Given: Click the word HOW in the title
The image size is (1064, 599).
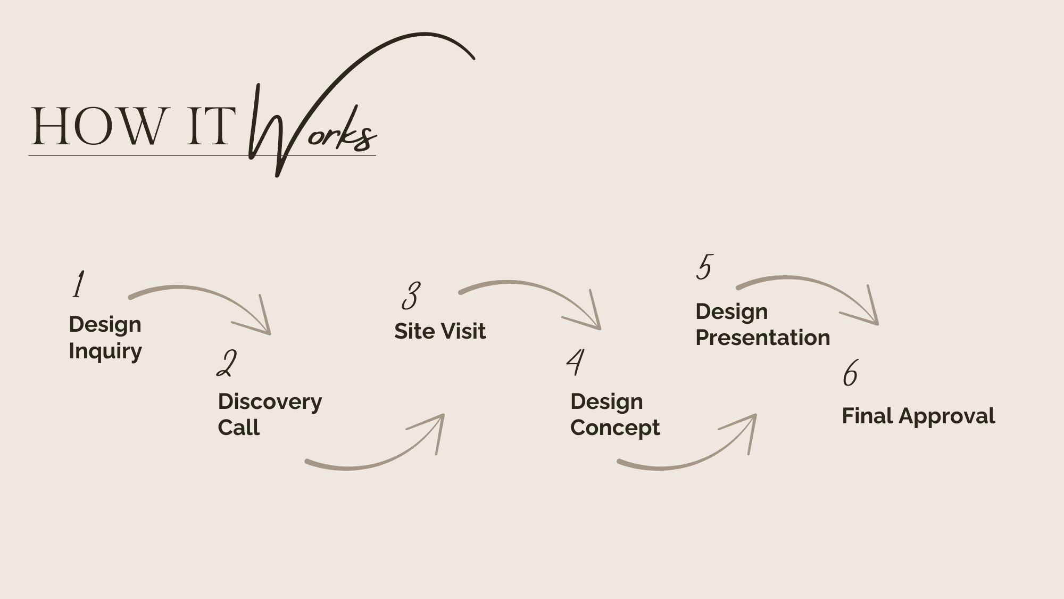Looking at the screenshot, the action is pos(98,126).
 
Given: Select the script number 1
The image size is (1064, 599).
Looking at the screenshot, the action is pos(78,284).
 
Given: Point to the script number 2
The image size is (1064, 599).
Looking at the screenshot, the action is pos(227,364).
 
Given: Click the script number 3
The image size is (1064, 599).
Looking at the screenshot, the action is pos(411,296).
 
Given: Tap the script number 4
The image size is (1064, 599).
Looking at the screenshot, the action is pos(575,362).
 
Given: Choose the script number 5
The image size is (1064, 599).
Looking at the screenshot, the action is pos(704,267).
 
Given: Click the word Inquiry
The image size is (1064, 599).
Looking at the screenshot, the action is pos(105,351).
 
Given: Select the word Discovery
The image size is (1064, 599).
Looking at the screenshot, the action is pos(270,401).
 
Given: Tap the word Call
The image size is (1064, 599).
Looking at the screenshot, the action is pos(238,428).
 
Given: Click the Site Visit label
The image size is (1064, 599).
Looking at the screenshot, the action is pos(440,331).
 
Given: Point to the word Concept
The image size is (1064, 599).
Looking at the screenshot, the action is pos(615,428).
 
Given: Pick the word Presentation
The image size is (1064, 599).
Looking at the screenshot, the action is pos(762,338).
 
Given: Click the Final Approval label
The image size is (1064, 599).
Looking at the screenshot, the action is pos(918,416).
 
